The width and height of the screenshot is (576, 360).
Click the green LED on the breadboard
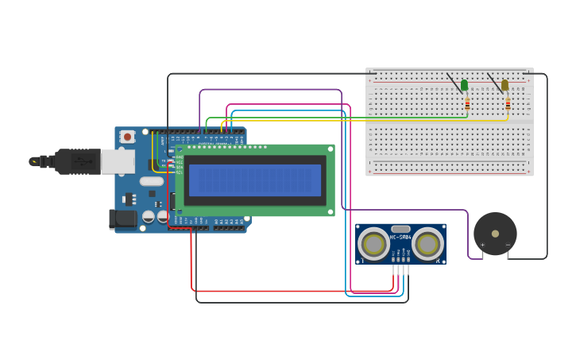pos(465,85)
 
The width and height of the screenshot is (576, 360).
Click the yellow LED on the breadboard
pos(504,85)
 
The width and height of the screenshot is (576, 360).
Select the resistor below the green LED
pos(467,104)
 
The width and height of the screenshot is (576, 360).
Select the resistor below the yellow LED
pos(508,104)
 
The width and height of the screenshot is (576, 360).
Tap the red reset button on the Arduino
pos(127,137)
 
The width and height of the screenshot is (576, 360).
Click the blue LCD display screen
pos(255,180)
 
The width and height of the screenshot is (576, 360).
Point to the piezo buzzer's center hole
pos(495,234)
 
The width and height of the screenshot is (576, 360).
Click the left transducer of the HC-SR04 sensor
pos(373,244)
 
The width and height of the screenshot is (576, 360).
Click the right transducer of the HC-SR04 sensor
pos(427,244)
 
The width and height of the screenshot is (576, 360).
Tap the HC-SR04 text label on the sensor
pos(400,237)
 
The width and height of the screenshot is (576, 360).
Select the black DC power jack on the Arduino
pos(122,219)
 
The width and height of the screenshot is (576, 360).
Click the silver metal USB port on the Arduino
pos(117,161)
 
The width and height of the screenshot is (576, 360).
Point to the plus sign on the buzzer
pos(482,245)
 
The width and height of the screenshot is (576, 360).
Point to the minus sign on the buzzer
pos(508,245)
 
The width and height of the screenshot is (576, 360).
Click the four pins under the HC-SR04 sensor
pos(400,269)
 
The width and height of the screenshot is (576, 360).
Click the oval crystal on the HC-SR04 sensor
pos(400,229)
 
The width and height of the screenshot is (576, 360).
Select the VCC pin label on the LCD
pos(179,162)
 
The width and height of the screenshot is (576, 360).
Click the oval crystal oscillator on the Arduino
pos(151,181)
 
